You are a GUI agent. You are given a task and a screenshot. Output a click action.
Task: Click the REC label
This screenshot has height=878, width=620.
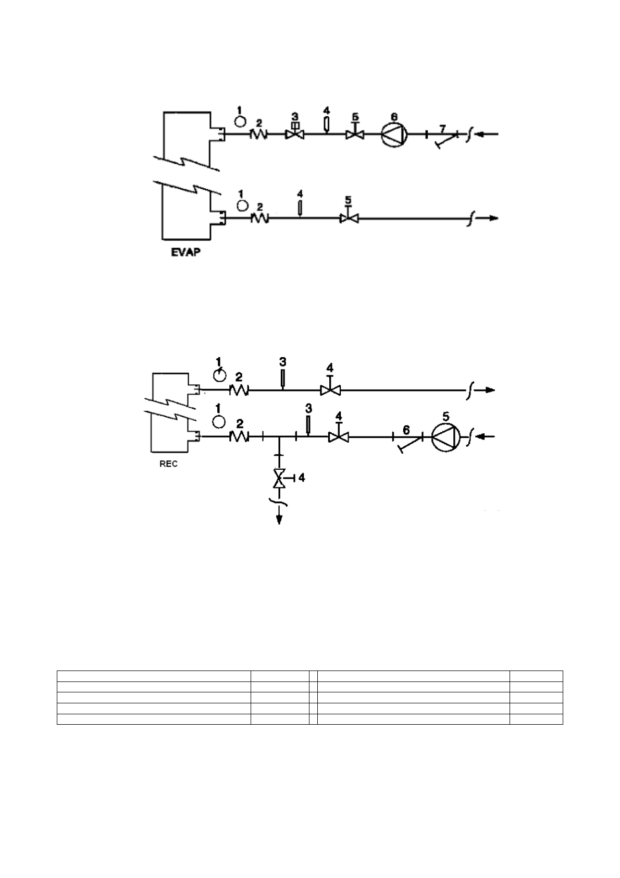[x=168, y=464]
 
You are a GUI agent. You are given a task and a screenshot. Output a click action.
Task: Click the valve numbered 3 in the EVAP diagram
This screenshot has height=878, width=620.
[x=294, y=133]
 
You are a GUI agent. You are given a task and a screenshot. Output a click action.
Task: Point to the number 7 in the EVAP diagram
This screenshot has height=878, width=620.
[x=442, y=128]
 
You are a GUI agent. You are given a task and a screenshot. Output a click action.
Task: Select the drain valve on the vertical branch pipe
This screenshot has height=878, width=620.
[x=280, y=478]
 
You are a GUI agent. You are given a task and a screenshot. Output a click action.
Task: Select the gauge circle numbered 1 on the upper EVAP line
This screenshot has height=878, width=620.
[x=240, y=121]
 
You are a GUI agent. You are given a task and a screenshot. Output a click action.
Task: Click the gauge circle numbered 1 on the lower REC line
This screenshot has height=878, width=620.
[x=219, y=420]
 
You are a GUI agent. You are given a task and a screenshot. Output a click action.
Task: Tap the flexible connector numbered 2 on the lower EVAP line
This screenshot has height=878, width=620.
[x=260, y=218]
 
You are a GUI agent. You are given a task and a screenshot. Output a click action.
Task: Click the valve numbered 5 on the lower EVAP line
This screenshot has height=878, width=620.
[x=348, y=218]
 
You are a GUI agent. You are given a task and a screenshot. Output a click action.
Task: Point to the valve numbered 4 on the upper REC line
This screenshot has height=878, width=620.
[x=330, y=389]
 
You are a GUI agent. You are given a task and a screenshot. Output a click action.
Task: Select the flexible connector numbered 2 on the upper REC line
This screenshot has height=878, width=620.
[x=239, y=389]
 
